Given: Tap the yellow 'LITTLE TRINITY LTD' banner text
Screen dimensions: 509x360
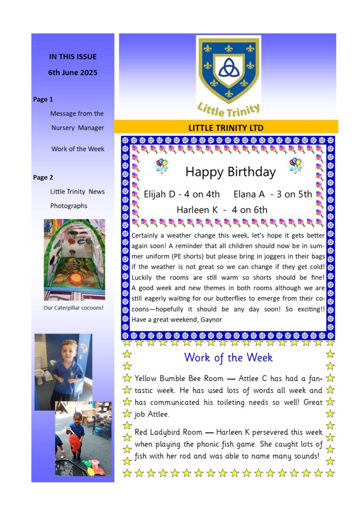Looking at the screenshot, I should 226,128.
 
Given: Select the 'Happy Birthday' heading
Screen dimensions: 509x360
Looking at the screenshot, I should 230,172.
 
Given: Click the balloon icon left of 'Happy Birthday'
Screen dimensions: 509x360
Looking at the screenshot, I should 162,166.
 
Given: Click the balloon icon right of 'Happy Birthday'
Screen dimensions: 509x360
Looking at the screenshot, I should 296,165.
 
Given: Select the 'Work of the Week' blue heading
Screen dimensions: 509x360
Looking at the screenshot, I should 228,357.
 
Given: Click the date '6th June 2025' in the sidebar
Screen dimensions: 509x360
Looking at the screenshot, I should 73,73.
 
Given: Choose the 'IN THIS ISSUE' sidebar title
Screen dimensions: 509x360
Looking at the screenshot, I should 73,57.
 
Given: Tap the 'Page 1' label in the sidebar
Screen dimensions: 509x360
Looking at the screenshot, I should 43,99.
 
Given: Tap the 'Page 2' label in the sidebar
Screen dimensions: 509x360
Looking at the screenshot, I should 43,177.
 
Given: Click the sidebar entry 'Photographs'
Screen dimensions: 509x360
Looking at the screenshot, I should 69,206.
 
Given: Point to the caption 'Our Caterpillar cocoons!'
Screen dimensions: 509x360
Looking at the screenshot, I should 74,308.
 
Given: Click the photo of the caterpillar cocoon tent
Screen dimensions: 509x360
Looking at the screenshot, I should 74,260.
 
